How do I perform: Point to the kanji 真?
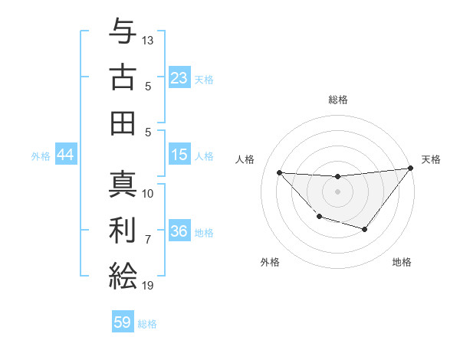[123, 184]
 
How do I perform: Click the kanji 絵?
[123, 275]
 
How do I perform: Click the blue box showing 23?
[179, 78]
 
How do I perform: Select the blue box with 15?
[179, 155]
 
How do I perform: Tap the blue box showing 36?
[179, 232]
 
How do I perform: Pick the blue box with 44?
[65, 155]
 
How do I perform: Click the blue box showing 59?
[123, 322]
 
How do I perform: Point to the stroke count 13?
[148, 40]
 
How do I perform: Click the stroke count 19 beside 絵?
[148, 286]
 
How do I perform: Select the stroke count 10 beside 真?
[148, 193]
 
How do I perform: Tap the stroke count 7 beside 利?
[148, 239]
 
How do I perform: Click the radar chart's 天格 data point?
[410, 169]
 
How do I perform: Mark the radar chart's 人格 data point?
[279, 172]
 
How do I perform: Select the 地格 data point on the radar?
[365, 229]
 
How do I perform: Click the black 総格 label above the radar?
[337, 100]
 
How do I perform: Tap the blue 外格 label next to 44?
[41, 156]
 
